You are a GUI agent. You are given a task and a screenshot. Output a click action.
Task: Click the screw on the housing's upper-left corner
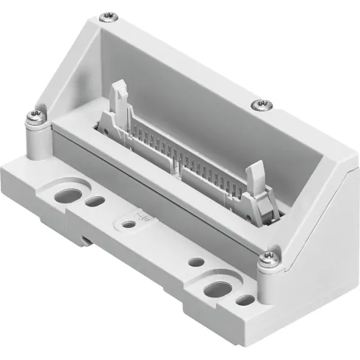click(x=109, y=15)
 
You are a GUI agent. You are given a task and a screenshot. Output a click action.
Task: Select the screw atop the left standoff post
click(x=35, y=115)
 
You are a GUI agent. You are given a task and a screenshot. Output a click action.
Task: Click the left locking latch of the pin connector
click(x=118, y=103)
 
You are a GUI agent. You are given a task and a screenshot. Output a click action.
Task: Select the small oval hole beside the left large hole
click(x=93, y=201)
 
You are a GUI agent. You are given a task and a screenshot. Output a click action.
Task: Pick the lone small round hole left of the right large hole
click(x=195, y=262)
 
